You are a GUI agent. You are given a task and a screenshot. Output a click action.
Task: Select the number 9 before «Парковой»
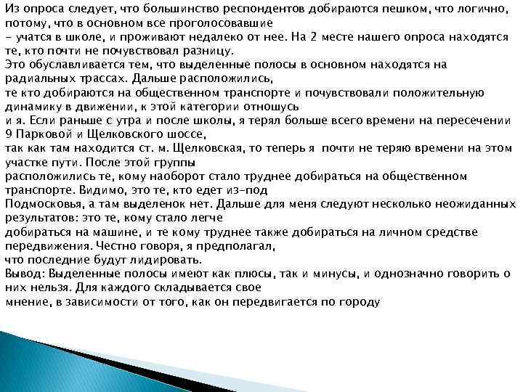point(8,134)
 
